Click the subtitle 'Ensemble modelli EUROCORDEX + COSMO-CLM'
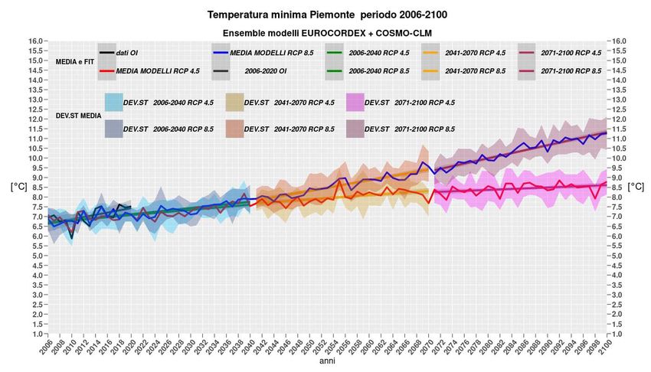coord(325,33)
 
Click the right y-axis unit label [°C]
coord(635,186)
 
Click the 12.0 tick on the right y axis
coord(620,119)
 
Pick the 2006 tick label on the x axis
coord(45,348)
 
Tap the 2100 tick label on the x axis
coord(605,348)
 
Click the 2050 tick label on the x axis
coord(309,348)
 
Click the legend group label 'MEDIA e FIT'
coord(74,61)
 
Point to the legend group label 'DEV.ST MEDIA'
coord(78,116)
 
